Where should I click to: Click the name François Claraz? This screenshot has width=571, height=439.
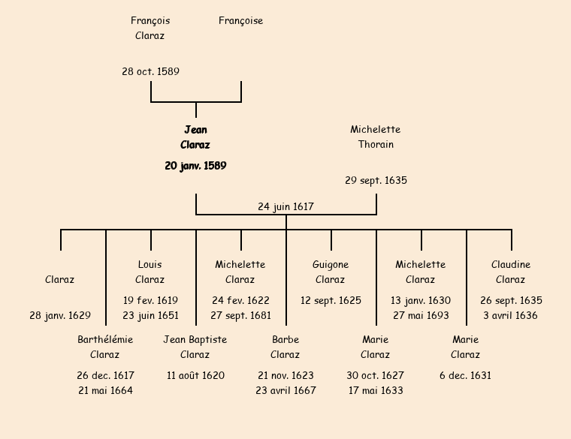(150, 28)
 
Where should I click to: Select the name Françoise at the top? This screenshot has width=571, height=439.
(240, 21)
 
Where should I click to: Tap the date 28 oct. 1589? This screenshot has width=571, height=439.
(150, 72)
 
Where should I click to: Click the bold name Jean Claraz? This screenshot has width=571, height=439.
(195, 137)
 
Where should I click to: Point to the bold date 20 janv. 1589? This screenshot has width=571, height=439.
(195, 166)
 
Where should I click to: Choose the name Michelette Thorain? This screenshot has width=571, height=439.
(376, 137)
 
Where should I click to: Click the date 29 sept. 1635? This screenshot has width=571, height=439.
(376, 181)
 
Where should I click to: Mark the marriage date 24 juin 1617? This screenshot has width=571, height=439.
(285, 206)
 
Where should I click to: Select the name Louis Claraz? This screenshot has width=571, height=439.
(150, 272)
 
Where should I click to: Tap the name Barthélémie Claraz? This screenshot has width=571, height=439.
(105, 347)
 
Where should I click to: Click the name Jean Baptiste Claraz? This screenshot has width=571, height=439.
(195, 347)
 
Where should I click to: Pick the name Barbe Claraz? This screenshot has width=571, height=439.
(285, 347)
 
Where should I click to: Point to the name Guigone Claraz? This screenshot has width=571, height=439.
(331, 272)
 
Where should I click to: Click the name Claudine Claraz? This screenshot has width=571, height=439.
(511, 272)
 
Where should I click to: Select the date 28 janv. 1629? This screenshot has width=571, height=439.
(60, 316)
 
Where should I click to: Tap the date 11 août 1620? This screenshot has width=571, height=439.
(195, 376)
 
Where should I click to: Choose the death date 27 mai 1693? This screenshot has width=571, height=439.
(421, 316)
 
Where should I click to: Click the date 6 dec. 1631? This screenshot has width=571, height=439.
(466, 376)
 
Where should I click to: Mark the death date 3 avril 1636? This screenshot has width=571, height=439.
(511, 316)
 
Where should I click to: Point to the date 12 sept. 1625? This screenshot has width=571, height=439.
(331, 301)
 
